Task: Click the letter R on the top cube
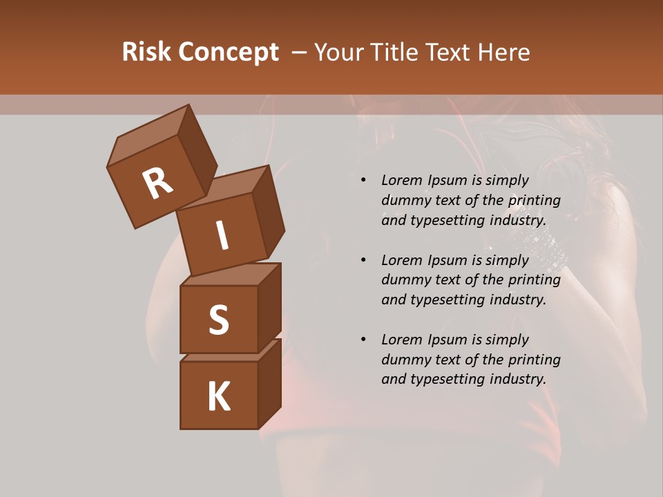(157, 184)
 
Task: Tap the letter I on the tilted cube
(222, 236)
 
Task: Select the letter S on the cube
(218, 320)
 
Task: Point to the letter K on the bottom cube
(218, 397)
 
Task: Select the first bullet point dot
(363, 181)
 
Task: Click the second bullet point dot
(363, 261)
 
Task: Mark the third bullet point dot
(363, 340)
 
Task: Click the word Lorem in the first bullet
(401, 181)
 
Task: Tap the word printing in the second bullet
(535, 280)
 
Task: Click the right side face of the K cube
(269, 383)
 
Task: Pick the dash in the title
(299, 52)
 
